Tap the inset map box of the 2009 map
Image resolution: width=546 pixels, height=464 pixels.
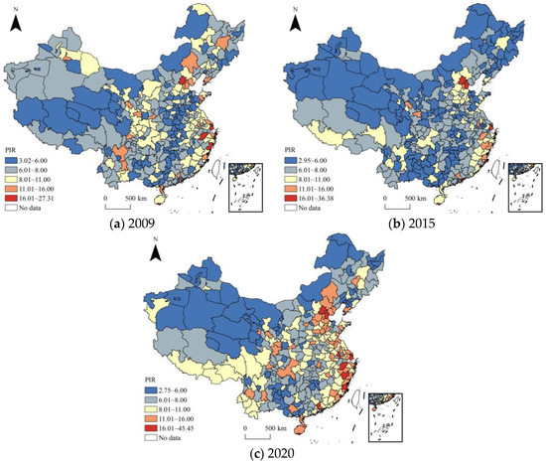click(247, 184)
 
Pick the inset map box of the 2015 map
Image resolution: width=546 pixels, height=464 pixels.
click(523, 184)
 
